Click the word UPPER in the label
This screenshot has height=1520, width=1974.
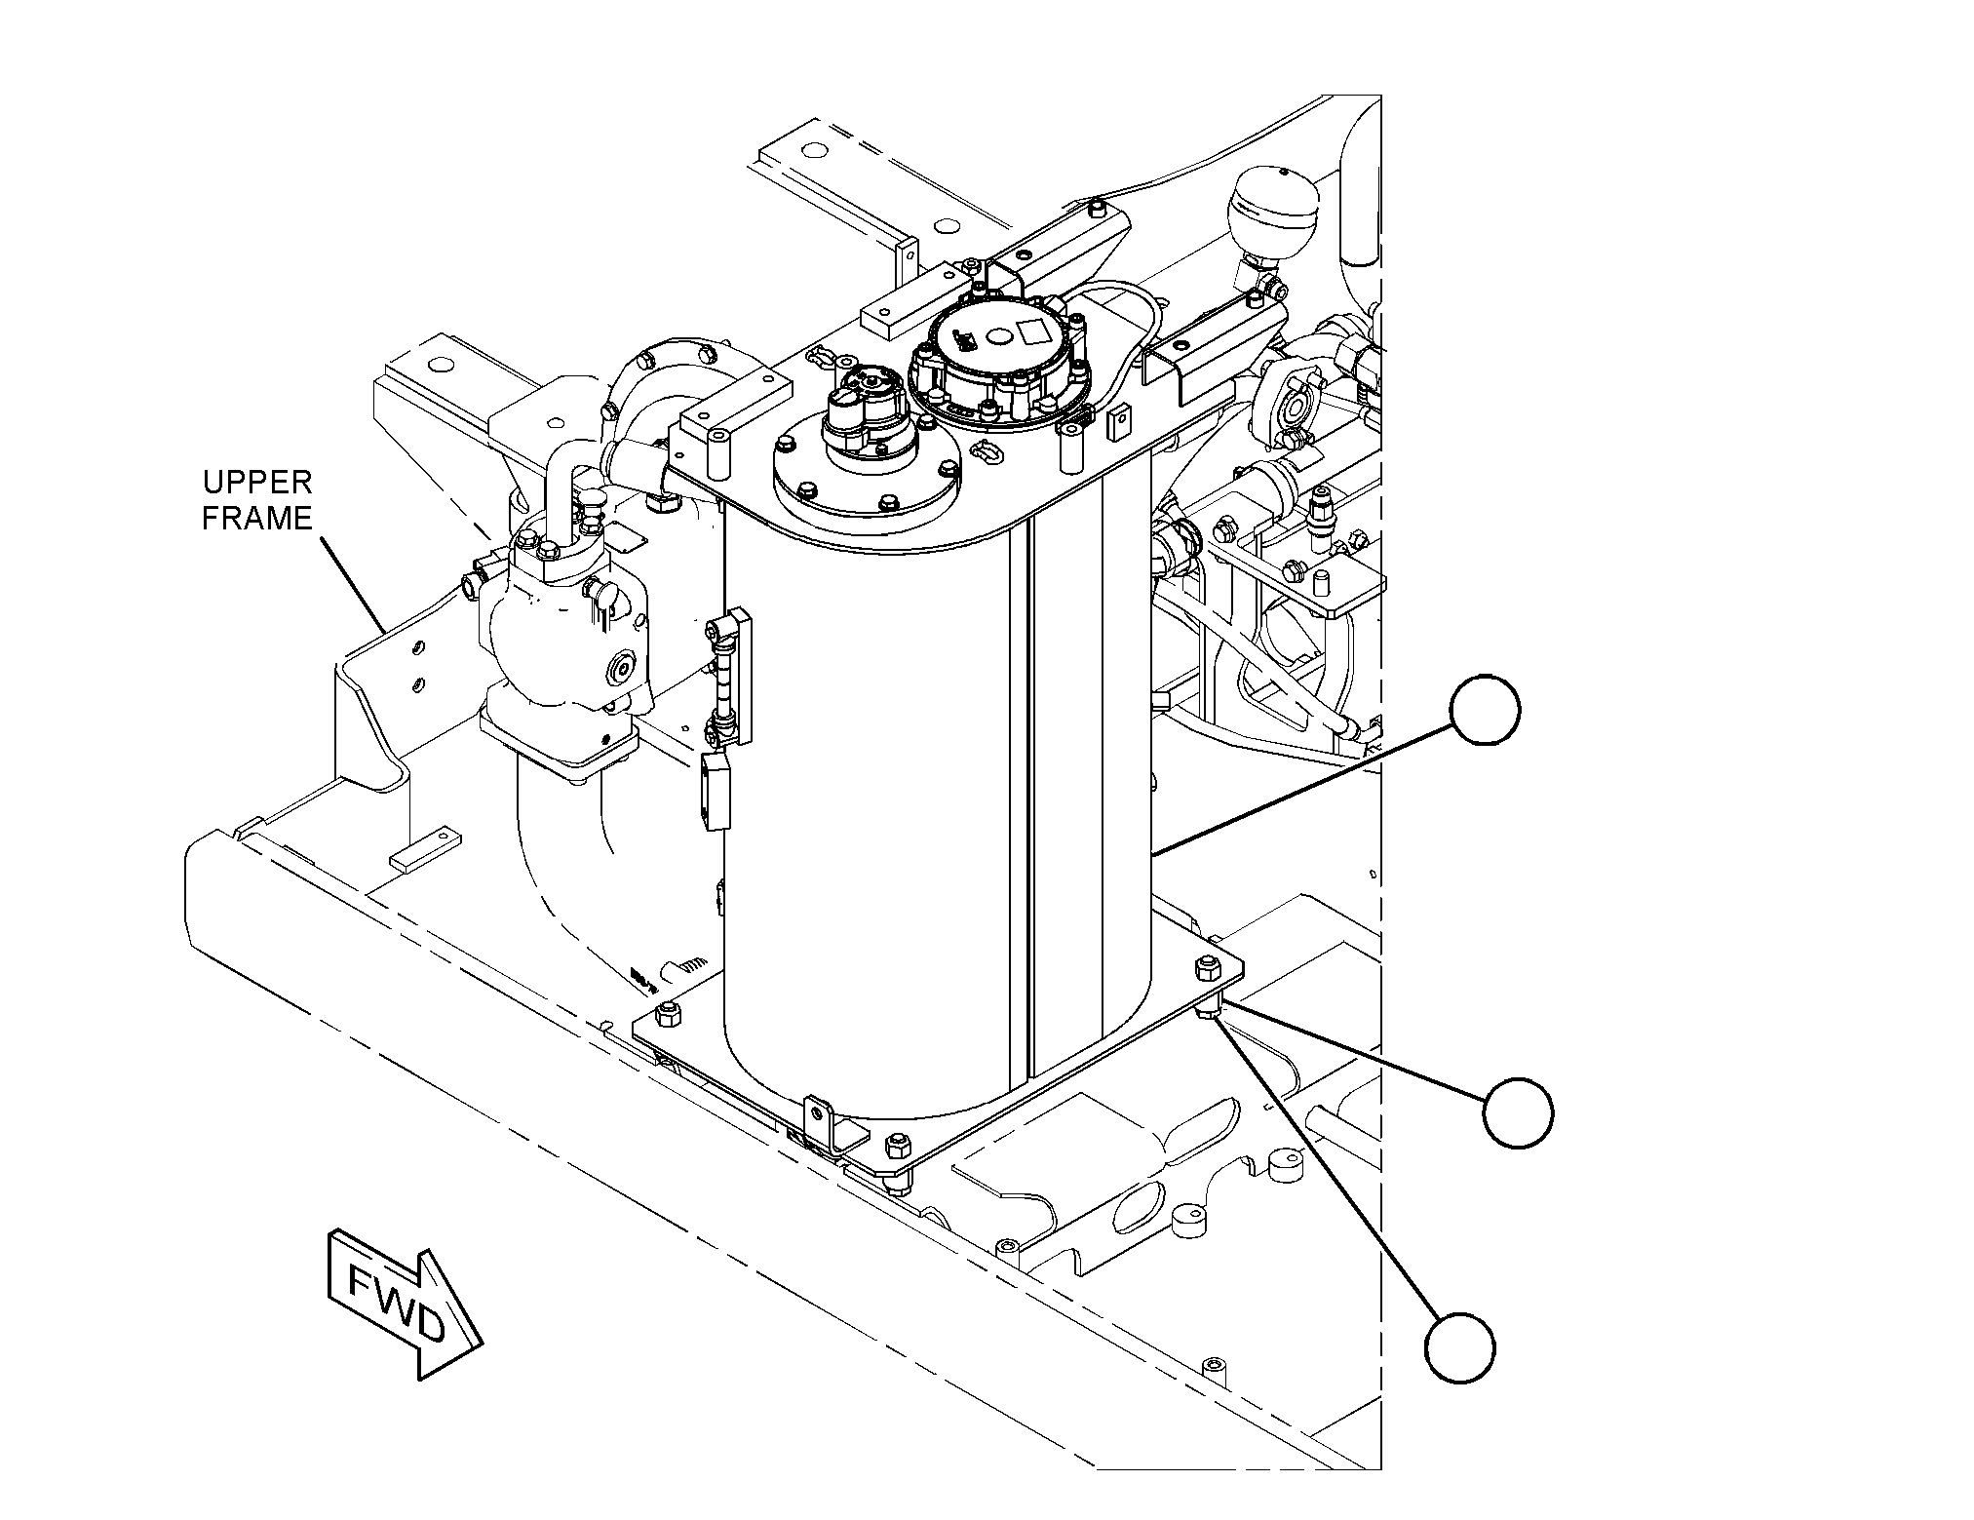click(x=257, y=483)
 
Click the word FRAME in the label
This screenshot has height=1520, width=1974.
click(x=257, y=519)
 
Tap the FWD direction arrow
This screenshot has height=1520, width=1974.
click(x=406, y=1304)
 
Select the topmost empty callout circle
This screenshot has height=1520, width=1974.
click(x=1485, y=710)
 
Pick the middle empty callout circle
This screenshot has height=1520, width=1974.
click(x=1518, y=1111)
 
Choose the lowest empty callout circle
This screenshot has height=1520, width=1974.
click(x=1459, y=1347)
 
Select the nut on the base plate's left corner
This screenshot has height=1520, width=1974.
click(x=668, y=1014)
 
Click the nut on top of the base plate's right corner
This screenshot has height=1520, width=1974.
click(x=1205, y=968)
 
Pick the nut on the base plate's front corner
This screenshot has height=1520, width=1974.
click(x=895, y=1144)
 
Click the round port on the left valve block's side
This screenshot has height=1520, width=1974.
click(x=620, y=669)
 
